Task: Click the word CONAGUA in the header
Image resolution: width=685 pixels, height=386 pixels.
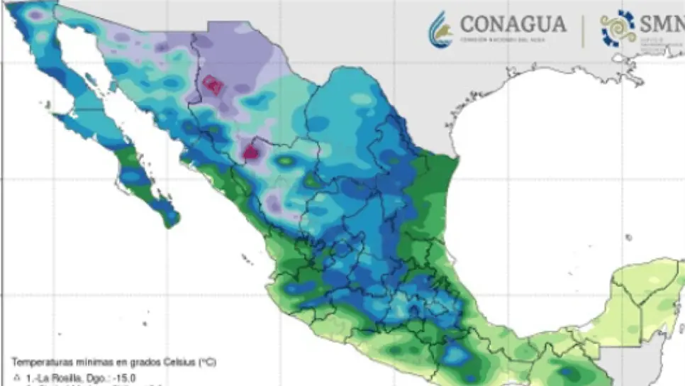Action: click(513, 24)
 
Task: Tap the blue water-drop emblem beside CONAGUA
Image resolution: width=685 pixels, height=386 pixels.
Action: click(440, 30)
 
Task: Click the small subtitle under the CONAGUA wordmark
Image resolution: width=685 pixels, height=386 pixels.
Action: click(505, 40)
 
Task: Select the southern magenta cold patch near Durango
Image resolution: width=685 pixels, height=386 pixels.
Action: click(250, 150)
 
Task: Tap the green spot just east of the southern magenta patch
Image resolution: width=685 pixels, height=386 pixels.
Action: click(285, 161)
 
